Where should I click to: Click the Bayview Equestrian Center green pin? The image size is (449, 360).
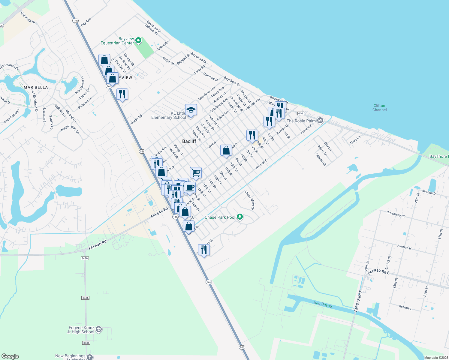tap(138, 40)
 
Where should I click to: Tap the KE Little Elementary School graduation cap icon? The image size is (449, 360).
tap(191, 110)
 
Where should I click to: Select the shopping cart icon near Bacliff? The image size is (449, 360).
tap(196, 172)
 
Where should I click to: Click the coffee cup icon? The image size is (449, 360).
tap(190, 187)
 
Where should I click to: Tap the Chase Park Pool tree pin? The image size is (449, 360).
tap(240, 217)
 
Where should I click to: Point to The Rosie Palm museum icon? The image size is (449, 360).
tap(320, 121)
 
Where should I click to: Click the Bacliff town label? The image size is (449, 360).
tap(189, 141)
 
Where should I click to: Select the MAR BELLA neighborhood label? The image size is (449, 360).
tap(36, 87)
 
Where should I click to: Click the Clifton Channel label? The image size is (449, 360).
tap(379, 108)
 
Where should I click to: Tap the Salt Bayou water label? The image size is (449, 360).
tap(323, 304)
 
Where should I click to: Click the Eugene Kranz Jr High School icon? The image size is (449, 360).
tap(99, 330)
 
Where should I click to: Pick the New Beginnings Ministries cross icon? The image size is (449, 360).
tap(90, 357)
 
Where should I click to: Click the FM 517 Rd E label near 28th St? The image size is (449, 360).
tap(378, 272)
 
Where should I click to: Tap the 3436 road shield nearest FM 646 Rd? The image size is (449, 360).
tap(85, 258)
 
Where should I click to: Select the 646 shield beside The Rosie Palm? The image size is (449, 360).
tap(301, 113)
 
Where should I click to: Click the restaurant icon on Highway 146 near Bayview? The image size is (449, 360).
tap(122, 94)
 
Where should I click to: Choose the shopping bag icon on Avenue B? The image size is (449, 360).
tap(226, 150)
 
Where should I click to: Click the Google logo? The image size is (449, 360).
tap(10, 356)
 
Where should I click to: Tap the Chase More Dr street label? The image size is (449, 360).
tap(250, 200)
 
